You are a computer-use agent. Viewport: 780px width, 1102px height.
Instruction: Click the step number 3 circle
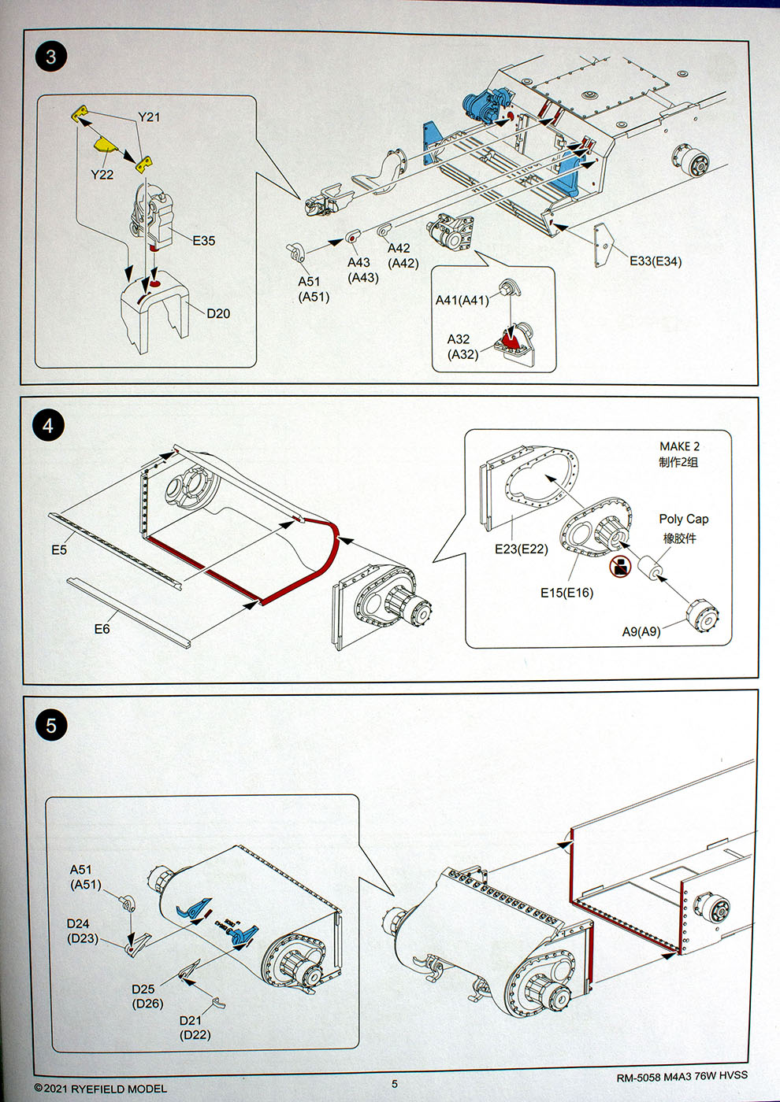[x=51, y=57]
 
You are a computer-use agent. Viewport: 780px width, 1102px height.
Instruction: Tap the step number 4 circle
[x=48, y=426]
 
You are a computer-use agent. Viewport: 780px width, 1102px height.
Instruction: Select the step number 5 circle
[x=51, y=725]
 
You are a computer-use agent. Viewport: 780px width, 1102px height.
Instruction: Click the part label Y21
[x=149, y=117]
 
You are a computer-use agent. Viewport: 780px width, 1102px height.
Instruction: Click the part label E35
[x=203, y=241]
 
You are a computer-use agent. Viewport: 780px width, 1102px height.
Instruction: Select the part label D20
[x=218, y=313]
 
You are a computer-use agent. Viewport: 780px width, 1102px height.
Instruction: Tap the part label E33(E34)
[x=656, y=261]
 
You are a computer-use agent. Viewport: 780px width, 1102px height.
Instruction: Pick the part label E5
[x=59, y=550]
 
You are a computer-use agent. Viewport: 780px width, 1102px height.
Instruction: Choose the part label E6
[x=102, y=629]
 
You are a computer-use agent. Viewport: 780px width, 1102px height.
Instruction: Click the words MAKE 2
[x=679, y=446]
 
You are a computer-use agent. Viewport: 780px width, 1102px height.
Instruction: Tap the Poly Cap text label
[x=683, y=519]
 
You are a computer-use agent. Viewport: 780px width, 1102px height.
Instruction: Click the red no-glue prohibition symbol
[x=620, y=565]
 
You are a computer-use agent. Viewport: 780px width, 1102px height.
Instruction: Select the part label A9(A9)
[x=641, y=631]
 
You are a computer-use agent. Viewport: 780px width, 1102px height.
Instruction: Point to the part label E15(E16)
[x=566, y=593]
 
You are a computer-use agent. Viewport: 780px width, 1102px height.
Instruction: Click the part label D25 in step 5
[x=143, y=989]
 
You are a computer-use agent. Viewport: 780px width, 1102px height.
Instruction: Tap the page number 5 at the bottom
[x=395, y=1083]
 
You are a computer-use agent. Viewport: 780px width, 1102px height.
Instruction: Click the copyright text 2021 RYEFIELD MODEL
[x=101, y=1089]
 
